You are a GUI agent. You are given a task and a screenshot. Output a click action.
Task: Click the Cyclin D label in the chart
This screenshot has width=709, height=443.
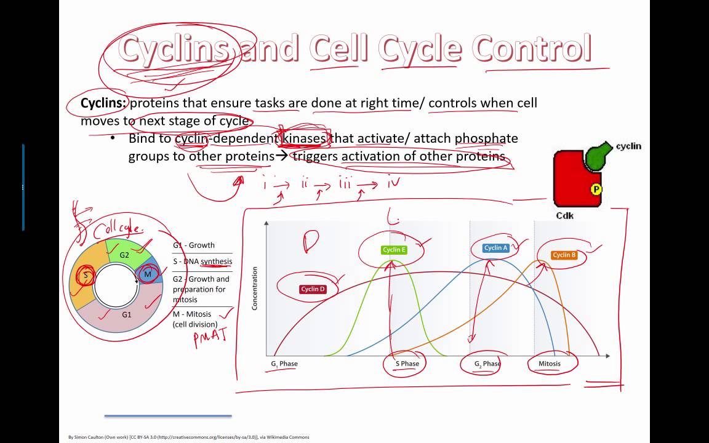[313, 289]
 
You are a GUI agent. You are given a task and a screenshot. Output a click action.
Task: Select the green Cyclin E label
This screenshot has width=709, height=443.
[394, 250]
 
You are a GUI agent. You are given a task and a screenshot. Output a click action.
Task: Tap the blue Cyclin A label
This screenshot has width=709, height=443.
[496, 248]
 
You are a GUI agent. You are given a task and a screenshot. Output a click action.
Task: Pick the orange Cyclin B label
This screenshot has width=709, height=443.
[564, 255]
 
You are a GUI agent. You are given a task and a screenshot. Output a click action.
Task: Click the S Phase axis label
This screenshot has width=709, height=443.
[407, 364]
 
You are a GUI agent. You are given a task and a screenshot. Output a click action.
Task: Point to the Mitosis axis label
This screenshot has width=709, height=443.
[550, 364]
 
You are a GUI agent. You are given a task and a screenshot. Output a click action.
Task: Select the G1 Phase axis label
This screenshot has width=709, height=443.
[284, 364]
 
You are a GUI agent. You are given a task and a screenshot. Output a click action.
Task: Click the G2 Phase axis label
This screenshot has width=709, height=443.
[487, 364]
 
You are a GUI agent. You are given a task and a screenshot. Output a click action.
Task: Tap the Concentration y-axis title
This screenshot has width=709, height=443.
[255, 288]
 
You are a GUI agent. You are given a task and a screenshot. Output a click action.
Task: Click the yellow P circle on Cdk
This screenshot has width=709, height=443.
[595, 190]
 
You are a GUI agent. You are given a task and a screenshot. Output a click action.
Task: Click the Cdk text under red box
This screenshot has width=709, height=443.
[565, 215]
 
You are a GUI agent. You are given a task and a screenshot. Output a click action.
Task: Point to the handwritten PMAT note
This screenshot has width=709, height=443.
[210, 337]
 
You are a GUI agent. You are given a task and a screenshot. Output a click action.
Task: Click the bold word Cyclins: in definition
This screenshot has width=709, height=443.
[103, 103]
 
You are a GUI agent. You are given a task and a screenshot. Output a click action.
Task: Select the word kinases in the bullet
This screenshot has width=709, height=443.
[303, 138]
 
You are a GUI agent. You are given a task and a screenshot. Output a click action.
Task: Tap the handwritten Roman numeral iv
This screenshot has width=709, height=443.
[394, 183]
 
